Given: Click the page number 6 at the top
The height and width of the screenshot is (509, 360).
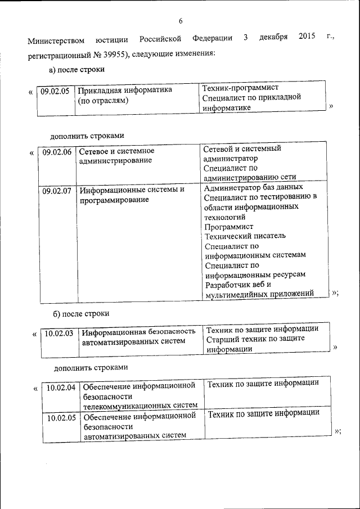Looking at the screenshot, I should pyautogui.click(x=181, y=21).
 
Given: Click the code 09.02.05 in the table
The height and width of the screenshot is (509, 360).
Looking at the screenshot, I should pyautogui.click(x=55, y=90).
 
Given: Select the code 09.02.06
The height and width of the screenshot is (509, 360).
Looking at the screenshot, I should pyautogui.click(x=57, y=151).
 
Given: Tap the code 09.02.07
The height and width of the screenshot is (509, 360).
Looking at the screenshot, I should pyautogui.click(x=57, y=190).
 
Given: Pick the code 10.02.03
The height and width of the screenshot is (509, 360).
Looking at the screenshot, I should pyautogui.click(x=59, y=333).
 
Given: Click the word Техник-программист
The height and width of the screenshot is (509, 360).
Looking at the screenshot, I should pyautogui.click(x=240, y=88).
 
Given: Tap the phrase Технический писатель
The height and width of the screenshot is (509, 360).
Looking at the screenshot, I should pyautogui.click(x=245, y=236).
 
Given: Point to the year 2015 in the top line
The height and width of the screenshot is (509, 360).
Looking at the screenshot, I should pyautogui.click(x=307, y=38).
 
